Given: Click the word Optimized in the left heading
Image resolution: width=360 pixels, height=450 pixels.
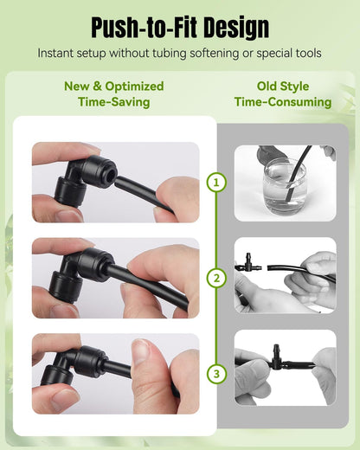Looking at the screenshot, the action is pyautogui.click(x=134, y=87).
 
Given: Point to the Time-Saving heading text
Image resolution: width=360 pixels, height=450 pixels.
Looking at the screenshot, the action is pyautogui.click(x=114, y=102).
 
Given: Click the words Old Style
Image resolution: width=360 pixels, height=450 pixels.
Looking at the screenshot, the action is pyautogui.click(x=283, y=87).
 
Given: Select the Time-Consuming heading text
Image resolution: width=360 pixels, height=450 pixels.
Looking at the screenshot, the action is pyautogui.click(x=283, y=102).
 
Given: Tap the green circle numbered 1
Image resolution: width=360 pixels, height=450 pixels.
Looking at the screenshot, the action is pyautogui.click(x=216, y=183).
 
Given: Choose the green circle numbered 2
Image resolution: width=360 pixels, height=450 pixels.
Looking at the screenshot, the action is pyautogui.click(x=216, y=278).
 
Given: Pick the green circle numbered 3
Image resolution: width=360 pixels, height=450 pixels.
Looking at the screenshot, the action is pyautogui.click(x=216, y=374).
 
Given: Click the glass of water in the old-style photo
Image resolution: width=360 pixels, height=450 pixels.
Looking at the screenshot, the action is pyautogui.click(x=285, y=188).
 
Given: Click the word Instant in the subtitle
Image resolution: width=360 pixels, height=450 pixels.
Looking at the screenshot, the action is pyautogui.click(x=54, y=54).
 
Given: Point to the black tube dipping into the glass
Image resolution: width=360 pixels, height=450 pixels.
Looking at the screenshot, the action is pyautogui.click(x=297, y=172).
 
